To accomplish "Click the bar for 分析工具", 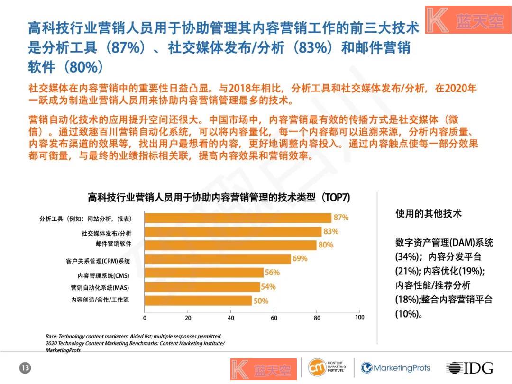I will pos(238,218).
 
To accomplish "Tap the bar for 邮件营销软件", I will pos(230,245).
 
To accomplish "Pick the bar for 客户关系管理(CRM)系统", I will pos(218,259).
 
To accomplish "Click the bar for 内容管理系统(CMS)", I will pos(204,273).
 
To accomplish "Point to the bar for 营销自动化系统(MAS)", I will pos(202,287).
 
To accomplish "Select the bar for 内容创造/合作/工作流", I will pos(198,301).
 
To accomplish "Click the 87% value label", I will pos(341,218).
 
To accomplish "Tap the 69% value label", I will pos(300,259).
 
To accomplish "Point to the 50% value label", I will pos(261,301).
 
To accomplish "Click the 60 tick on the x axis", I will pos(274,318).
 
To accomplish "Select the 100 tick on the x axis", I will pos(359,318).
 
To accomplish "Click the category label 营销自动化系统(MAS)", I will pos(100,287).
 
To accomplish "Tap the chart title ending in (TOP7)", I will pos(219,198).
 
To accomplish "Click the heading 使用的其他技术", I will pos(428,214).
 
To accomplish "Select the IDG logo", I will pos(469,368).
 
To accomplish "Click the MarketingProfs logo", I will pos(396,368).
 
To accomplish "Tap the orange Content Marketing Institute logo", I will pos(317,368).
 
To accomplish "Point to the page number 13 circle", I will pos(25,368).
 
